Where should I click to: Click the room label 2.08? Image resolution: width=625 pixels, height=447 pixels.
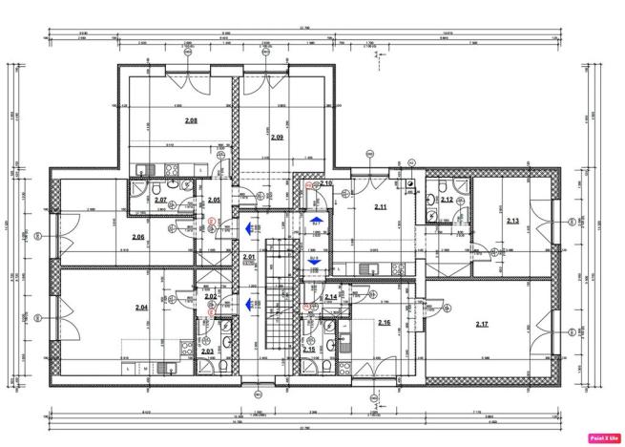pos(191,120)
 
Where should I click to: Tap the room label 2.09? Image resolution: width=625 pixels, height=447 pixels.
pos(277,138)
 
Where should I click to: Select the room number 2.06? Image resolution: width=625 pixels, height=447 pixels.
pos(138,237)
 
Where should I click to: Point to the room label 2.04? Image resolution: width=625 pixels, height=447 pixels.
pos(141,308)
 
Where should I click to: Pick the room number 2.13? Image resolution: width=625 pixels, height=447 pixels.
pos(512,221)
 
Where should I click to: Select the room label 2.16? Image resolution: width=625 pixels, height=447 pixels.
pos(384,323)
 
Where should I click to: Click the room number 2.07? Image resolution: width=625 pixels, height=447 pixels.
pos(161,200)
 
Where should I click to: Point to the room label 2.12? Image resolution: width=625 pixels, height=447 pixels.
pos(447,200)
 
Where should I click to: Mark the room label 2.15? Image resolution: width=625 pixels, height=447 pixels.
pos(309,350)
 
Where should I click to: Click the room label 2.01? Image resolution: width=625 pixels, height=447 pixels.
pos(249,257)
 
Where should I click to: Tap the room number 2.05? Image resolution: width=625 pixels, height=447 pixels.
pos(215,200)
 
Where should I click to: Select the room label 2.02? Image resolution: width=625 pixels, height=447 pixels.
pos(211,297)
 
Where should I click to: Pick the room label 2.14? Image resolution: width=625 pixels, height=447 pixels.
pos(330,297)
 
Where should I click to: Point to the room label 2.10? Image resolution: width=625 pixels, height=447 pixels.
pos(325,183)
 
